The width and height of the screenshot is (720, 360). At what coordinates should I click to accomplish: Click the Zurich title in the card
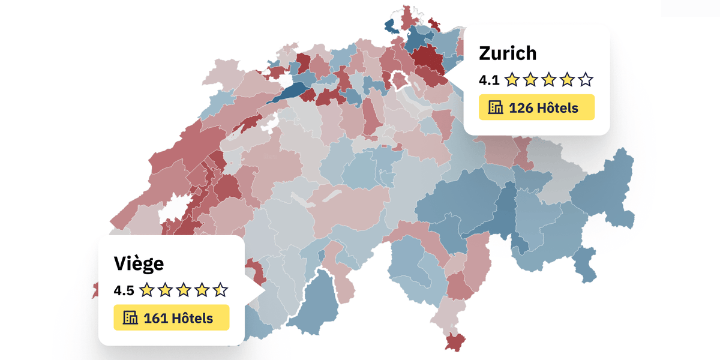tap(508, 53)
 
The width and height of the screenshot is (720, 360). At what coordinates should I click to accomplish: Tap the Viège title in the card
tap(139, 263)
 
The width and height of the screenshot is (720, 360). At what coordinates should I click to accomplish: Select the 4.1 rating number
tap(488, 79)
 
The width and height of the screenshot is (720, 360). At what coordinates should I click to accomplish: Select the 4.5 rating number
tap(124, 290)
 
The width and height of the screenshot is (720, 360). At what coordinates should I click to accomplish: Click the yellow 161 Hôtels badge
tap(172, 317)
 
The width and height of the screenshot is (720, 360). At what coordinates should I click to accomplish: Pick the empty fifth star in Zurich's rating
tap(586, 79)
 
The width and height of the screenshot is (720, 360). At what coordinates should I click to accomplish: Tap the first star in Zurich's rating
tap(512, 79)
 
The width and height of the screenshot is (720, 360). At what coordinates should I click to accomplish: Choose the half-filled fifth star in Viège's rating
tap(220, 290)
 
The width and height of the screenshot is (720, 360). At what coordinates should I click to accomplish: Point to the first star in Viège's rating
tap(146, 290)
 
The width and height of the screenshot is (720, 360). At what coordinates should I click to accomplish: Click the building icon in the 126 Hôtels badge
tap(496, 108)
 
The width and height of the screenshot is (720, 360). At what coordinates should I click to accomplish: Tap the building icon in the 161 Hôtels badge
tap(130, 318)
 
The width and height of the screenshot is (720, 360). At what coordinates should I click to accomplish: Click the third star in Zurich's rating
tap(549, 79)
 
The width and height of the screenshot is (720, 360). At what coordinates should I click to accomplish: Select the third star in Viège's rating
tap(184, 290)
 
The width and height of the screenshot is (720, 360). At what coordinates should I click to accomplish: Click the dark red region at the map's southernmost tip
tap(456, 342)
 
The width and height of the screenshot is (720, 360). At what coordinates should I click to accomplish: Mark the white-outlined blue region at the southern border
tap(315, 300)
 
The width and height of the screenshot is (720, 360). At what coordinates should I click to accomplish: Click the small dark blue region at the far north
tap(390, 26)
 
